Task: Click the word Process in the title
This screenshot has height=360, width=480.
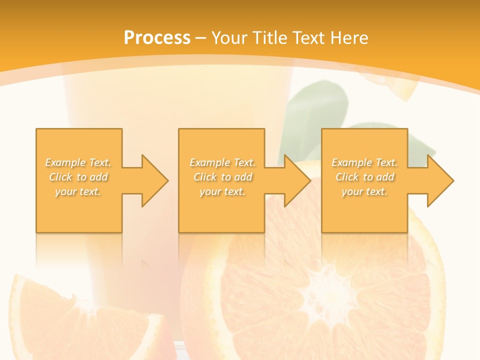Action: pos(157,38)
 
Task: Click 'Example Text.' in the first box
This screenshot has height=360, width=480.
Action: pos(78,162)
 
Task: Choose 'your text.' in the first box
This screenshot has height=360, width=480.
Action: pos(78,191)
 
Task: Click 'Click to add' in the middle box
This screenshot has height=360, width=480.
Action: pos(222,177)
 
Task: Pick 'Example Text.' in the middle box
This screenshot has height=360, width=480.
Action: pos(222,162)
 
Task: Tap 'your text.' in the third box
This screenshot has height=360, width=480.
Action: pos(364,191)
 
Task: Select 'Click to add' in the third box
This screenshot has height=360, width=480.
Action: pos(364,177)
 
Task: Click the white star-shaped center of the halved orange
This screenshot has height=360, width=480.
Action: pos(325,290)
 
